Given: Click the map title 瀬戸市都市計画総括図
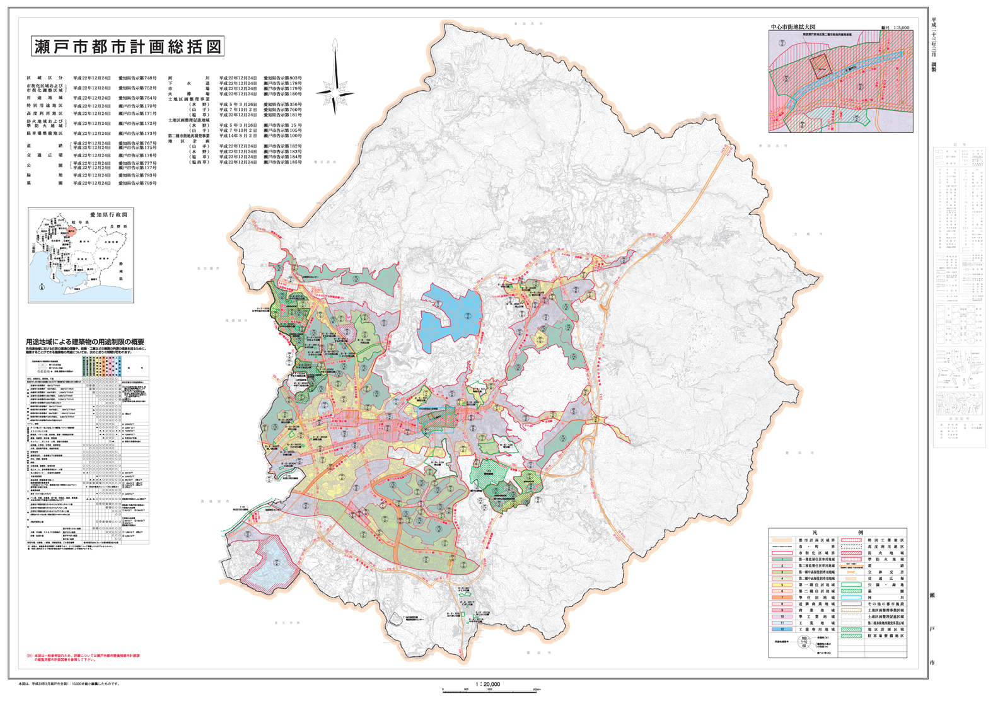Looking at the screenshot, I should (x=127, y=46).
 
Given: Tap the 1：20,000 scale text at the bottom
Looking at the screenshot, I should (x=487, y=684).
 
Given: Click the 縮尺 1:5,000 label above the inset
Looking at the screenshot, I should (x=895, y=28).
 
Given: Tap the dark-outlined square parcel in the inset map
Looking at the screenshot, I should (x=819, y=65).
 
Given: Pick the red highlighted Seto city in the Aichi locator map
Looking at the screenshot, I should (x=71, y=231).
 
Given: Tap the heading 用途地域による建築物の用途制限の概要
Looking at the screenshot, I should (x=85, y=342).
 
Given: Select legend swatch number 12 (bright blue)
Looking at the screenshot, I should (x=782, y=629).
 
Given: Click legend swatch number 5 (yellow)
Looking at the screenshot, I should (x=782, y=584).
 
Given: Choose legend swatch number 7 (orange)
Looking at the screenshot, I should (x=782, y=597).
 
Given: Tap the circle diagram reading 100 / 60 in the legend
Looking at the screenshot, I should (x=804, y=642).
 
